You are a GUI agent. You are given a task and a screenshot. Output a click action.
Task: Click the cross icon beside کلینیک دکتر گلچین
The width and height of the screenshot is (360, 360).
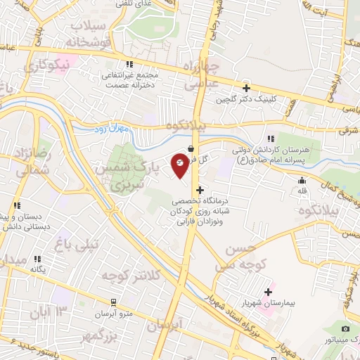[x=246, y=88]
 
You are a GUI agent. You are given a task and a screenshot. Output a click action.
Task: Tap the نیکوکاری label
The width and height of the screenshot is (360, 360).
[x=46, y=65]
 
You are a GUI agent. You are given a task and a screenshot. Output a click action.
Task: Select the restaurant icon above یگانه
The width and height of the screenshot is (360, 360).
[x=39, y=259]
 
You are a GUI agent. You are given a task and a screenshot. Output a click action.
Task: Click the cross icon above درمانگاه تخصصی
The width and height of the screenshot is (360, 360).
[x=201, y=190]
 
